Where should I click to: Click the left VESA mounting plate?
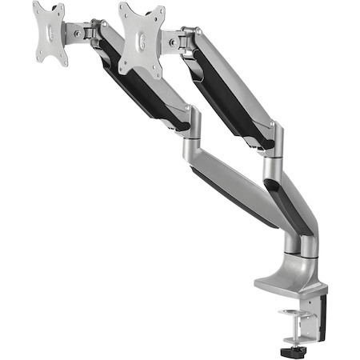[49, 33]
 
